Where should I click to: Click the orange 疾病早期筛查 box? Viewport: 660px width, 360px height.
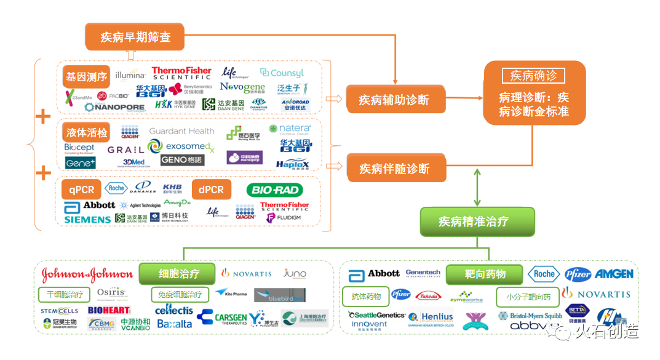click(135, 37)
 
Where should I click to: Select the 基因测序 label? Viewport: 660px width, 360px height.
click(86, 78)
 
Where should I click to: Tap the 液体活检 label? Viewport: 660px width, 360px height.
click(86, 133)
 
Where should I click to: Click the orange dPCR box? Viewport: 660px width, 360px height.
click(211, 190)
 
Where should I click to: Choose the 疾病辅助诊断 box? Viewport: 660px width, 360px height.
click(394, 100)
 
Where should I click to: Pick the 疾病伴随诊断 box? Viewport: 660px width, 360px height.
click(394, 169)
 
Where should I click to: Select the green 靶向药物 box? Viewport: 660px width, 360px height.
click(485, 274)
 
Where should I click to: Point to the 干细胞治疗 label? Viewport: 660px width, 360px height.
click(65, 294)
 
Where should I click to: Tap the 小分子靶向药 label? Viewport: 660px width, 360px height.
click(528, 297)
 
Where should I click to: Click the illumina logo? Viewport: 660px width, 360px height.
click(130, 76)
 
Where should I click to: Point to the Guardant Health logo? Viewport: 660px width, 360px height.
click(182, 131)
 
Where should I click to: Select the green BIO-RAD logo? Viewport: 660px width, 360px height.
click(274, 190)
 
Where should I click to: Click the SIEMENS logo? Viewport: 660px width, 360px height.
click(87, 219)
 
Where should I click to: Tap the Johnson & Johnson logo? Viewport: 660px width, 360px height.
click(87, 274)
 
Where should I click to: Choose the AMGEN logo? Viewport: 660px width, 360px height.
click(615, 274)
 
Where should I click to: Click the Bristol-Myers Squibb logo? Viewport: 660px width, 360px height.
click(530, 316)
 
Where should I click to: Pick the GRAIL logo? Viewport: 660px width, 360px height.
click(125, 150)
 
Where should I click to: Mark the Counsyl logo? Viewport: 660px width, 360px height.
click(282, 73)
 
